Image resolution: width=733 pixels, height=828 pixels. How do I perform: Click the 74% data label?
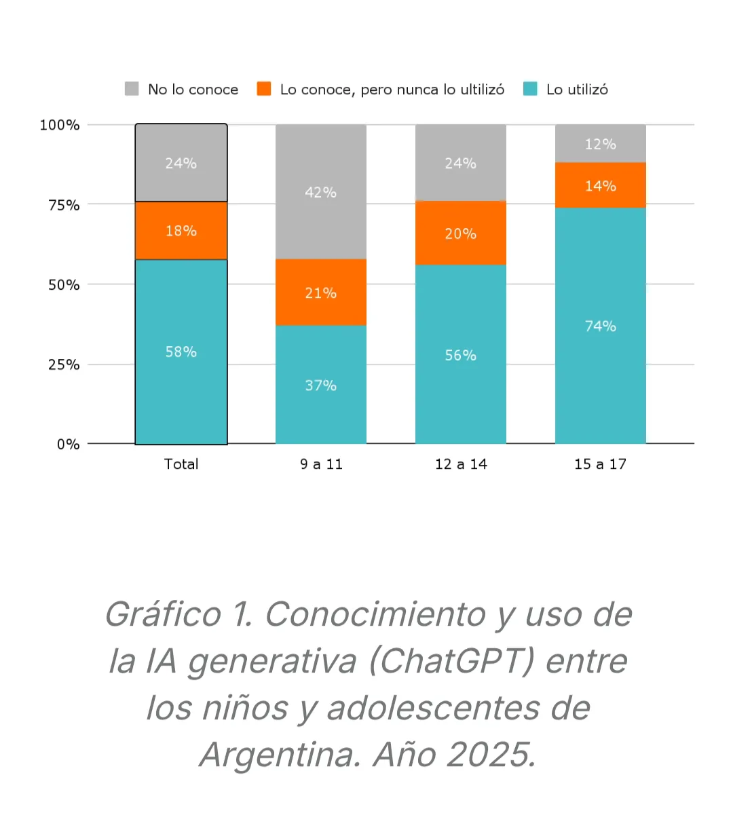click(601, 326)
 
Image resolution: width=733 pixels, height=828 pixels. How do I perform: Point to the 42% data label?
click(321, 193)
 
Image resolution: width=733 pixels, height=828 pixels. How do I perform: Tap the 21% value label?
click(321, 293)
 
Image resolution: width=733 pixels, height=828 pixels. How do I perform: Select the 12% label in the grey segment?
click(601, 144)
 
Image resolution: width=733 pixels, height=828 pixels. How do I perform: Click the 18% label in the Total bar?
click(181, 231)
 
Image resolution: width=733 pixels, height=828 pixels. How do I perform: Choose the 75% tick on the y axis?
click(64, 205)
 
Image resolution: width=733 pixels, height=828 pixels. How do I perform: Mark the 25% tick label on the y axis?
click(64, 365)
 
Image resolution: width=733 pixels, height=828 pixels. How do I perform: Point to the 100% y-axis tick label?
click(60, 125)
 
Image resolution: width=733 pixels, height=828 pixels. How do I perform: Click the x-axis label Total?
click(181, 464)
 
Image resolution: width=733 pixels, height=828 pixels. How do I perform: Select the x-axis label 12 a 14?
click(461, 464)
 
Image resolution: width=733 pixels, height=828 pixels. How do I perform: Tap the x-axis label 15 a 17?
click(601, 464)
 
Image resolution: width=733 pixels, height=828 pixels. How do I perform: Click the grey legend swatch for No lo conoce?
click(132, 89)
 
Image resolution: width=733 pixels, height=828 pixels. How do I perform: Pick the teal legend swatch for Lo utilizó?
click(530, 89)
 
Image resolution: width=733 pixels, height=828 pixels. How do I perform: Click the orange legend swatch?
click(264, 89)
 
